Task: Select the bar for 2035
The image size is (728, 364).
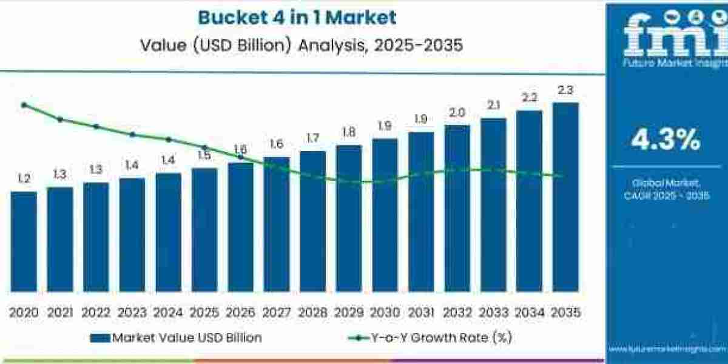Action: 565,197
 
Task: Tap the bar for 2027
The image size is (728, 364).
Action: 277,224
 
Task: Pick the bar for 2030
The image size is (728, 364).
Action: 385,215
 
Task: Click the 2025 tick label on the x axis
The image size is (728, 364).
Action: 204,312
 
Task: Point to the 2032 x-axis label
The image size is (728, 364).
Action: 457,312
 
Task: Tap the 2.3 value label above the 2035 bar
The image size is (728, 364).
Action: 565,90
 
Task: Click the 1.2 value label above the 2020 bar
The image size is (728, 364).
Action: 24,179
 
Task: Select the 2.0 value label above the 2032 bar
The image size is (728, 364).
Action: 457,112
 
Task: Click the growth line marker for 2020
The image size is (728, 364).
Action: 24,105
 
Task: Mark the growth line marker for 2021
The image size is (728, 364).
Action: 60,120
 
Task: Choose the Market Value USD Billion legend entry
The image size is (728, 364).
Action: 176,338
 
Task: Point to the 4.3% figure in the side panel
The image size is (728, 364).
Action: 666,141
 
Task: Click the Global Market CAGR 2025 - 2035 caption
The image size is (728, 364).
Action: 666,189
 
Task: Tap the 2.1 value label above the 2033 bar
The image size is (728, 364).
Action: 493,105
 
